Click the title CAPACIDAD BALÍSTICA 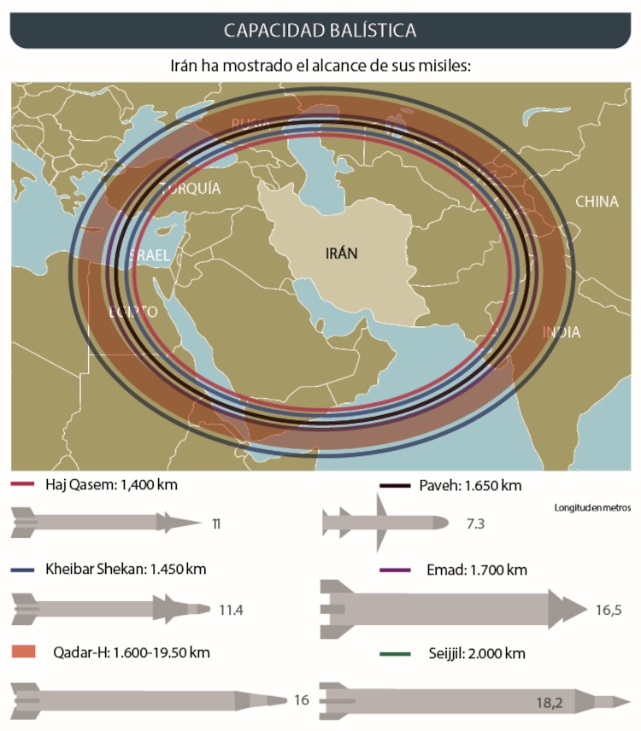point(320,30)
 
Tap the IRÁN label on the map point(342,254)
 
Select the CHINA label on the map point(597,202)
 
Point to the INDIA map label point(562,332)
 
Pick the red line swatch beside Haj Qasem point(23,485)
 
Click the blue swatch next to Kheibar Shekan point(23,570)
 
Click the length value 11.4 point(232,610)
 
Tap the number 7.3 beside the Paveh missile point(475,523)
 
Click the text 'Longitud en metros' point(592,507)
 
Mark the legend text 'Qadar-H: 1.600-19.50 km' point(131,652)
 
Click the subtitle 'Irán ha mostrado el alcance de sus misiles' point(320,66)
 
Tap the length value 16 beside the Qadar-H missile point(301,700)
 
